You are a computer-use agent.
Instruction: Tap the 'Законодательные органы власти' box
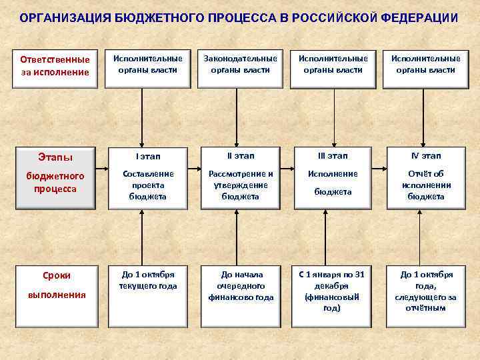[240, 65]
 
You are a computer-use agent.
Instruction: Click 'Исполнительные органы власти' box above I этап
[147, 65]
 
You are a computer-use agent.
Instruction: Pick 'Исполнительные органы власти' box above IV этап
[425, 65]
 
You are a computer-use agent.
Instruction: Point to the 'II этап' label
[240, 156]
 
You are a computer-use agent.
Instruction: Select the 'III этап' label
[333, 156]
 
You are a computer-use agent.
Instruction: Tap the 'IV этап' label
[425, 156]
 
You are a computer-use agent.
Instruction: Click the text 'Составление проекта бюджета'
[147, 185]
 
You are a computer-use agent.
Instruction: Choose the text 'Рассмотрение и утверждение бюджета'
[240, 185]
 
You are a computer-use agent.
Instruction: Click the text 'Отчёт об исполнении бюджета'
[425, 185]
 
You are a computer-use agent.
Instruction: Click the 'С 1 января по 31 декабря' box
[333, 291]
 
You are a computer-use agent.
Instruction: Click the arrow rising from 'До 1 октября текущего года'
[142, 240]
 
